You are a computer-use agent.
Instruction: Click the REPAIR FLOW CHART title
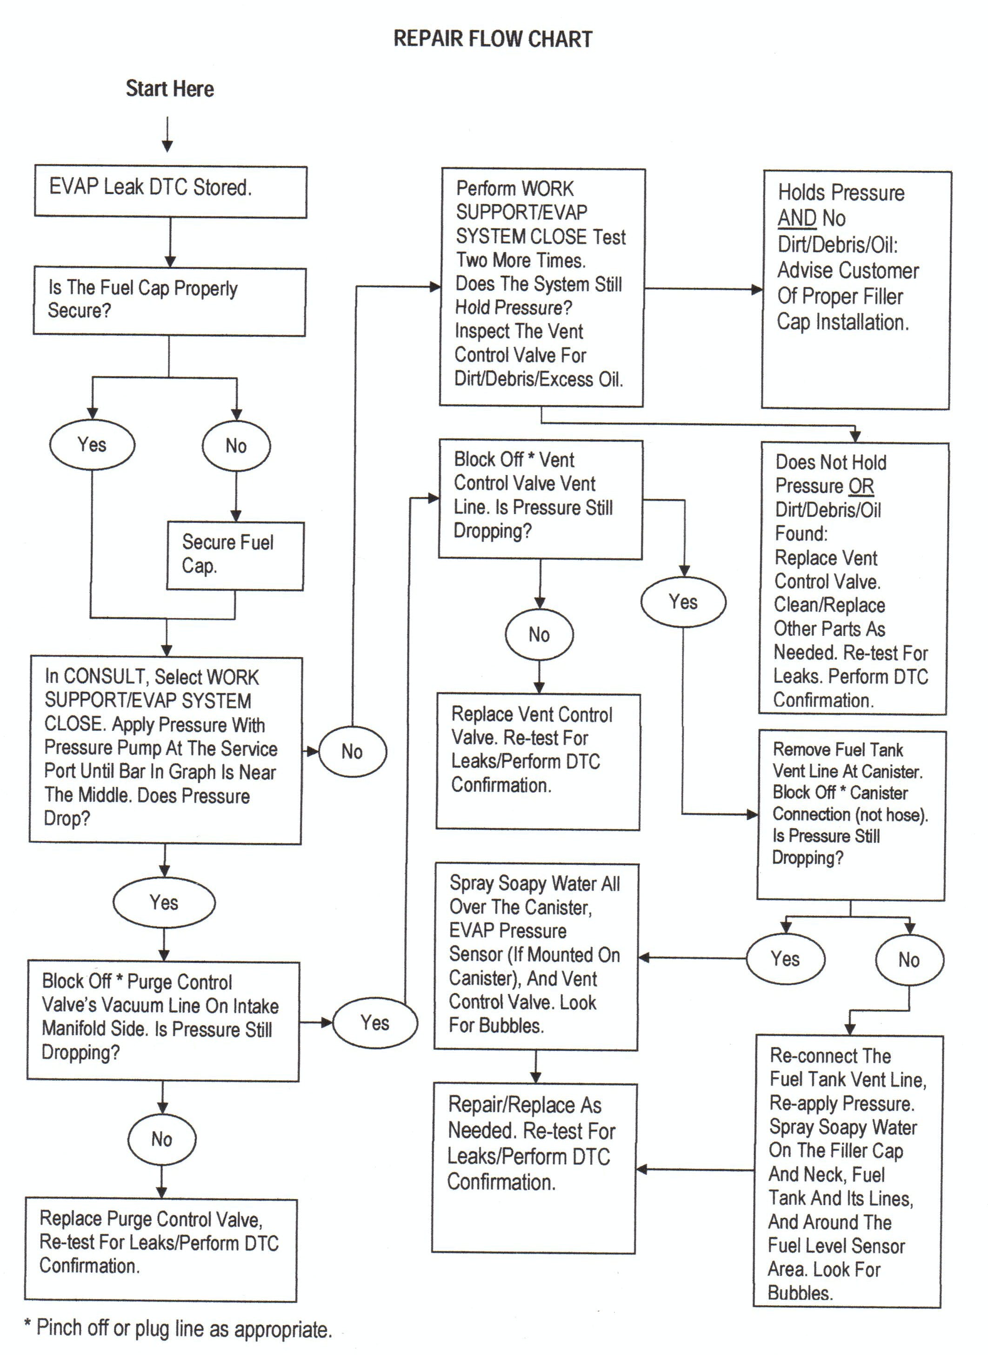point(493,40)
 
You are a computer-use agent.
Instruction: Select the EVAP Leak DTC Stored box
point(170,191)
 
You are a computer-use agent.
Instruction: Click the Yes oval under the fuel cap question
point(92,445)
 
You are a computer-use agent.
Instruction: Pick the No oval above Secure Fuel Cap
point(236,446)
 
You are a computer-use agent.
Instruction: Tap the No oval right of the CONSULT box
point(352,751)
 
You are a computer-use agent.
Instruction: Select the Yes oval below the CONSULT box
point(164,902)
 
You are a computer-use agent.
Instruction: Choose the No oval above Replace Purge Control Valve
point(162,1139)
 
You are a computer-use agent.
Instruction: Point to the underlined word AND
point(797,218)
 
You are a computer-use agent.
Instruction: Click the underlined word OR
point(861,486)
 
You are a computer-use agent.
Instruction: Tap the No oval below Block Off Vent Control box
point(540,634)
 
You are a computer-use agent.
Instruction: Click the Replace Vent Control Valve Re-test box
point(538,761)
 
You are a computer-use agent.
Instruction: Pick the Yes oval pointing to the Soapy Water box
point(785,959)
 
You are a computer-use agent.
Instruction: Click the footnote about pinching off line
point(178,1328)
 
